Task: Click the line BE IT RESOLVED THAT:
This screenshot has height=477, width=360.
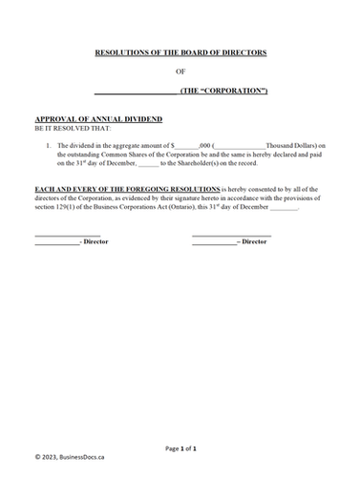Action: coord(72,126)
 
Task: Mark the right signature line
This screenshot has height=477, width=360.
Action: coord(231,234)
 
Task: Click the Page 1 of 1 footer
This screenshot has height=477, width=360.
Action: coord(180,447)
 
